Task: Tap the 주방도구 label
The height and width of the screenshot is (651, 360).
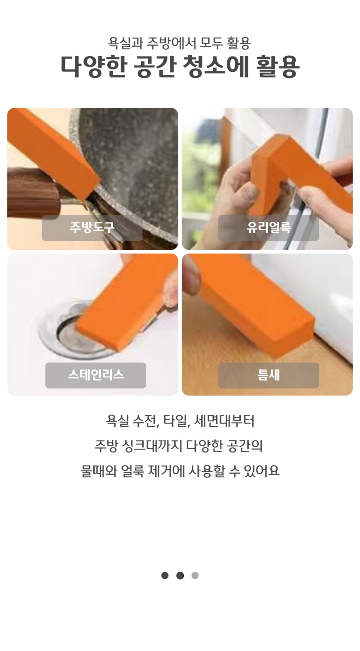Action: click(x=92, y=228)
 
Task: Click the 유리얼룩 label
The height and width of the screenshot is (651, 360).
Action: click(x=268, y=228)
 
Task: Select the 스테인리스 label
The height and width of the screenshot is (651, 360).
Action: click(x=96, y=375)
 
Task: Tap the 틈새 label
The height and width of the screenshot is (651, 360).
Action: click(x=268, y=375)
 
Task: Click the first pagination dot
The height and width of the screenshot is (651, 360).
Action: click(x=165, y=575)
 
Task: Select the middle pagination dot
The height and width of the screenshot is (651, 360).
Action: click(x=180, y=575)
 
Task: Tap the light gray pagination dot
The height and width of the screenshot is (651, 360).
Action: click(x=195, y=575)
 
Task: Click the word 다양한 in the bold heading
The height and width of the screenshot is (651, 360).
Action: click(x=94, y=67)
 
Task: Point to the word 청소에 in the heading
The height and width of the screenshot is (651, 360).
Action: click(x=216, y=67)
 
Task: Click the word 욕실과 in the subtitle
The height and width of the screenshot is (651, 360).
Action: click(x=125, y=44)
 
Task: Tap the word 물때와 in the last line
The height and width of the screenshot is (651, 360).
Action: click(x=98, y=471)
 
